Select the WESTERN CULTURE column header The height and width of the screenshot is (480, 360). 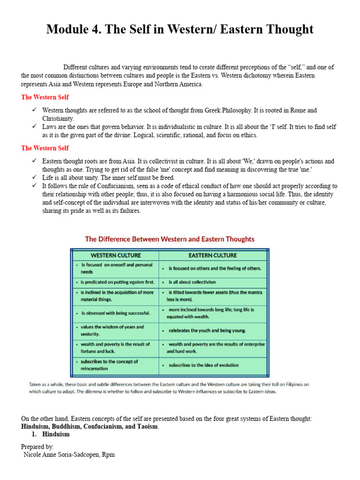point(115,255)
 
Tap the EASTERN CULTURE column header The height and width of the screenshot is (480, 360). point(212,255)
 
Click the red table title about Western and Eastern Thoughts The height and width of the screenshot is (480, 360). point(170,239)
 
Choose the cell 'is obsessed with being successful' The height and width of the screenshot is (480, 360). point(115,313)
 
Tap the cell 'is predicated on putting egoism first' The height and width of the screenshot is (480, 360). point(115,282)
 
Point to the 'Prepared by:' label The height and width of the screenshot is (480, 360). point(37,447)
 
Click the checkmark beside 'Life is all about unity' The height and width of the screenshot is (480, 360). point(34,178)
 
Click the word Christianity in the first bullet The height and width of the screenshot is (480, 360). point(58,119)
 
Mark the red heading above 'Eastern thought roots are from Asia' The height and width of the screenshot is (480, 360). point(45,148)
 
